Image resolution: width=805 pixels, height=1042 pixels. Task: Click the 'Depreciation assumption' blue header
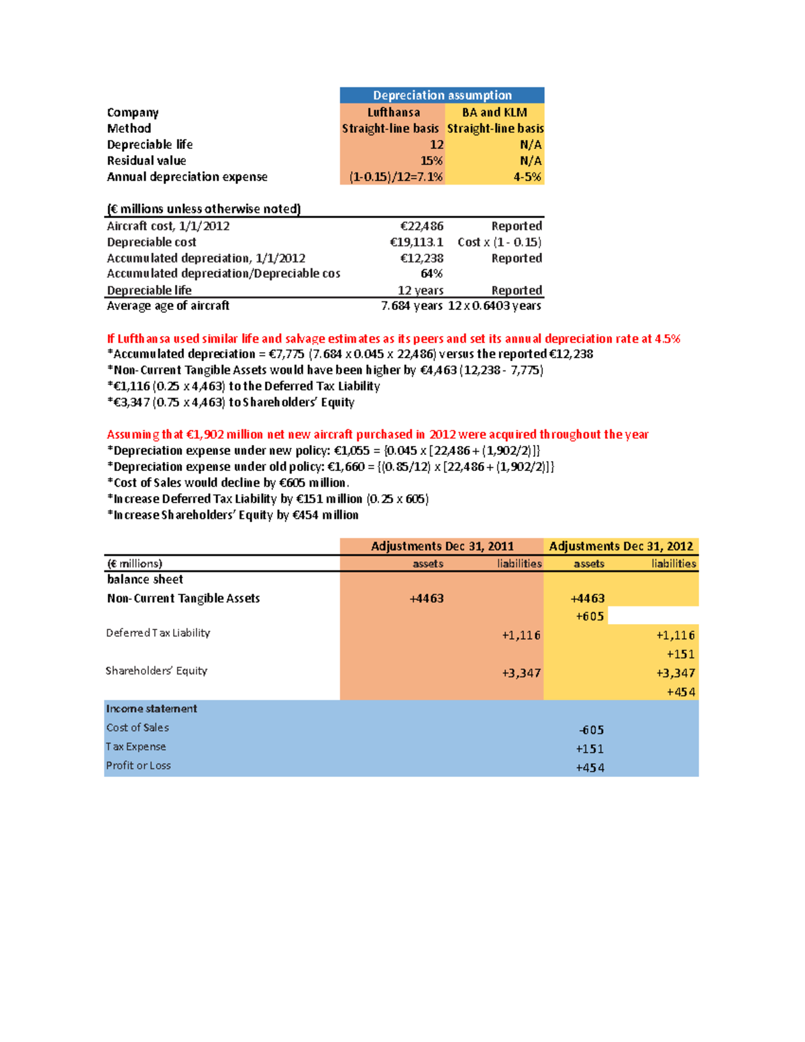click(x=442, y=95)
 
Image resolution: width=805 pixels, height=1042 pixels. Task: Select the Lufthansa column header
click(x=393, y=112)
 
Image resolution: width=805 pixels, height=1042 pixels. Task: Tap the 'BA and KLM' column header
click(x=494, y=112)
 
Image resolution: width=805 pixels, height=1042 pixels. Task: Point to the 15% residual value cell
click(x=431, y=160)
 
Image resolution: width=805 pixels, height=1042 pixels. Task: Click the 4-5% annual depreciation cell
click(x=527, y=176)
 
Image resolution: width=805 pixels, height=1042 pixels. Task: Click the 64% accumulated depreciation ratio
click(x=431, y=274)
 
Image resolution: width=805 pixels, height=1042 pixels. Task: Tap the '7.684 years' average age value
click(x=411, y=306)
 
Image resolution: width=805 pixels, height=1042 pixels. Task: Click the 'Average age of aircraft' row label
click(x=168, y=306)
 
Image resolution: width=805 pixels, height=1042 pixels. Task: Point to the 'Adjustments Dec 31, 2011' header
click(x=442, y=546)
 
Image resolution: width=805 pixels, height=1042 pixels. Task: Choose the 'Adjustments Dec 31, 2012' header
click(x=621, y=546)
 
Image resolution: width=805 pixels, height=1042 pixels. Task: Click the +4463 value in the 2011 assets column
click(x=426, y=598)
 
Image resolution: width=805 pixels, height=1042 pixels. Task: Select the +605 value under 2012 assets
click(x=590, y=617)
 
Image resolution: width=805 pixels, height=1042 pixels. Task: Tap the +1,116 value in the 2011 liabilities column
click(x=521, y=635)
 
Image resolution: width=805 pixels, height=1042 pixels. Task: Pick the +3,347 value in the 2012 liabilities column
click(x=675, y=673)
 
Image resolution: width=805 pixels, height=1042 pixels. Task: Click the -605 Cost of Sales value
click(x=591, y=730)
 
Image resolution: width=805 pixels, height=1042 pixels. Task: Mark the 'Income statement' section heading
click(x=152, y=709)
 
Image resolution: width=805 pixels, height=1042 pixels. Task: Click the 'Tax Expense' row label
click(x=136, y=747)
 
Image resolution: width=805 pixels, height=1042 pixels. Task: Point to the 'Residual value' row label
click(x=146, y=160)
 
